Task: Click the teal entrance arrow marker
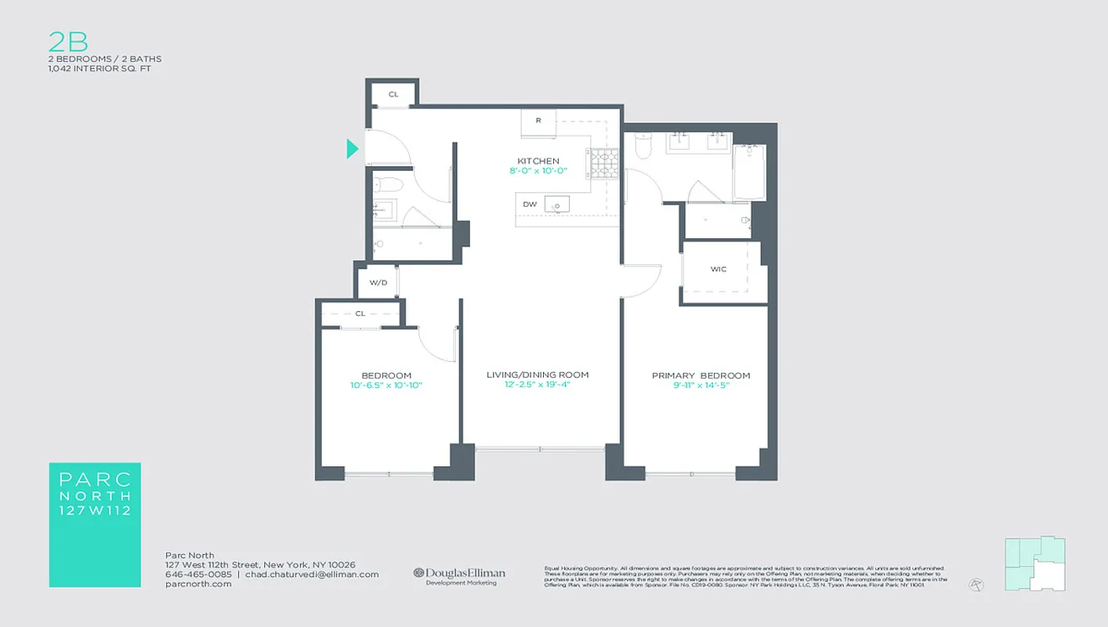353,148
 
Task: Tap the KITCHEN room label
538,161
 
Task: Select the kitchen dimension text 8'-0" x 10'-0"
538,171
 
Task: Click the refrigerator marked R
538,121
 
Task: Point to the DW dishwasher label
530,205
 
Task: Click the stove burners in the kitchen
604,164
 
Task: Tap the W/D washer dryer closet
378,282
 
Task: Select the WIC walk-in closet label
718,270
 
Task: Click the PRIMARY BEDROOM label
701,375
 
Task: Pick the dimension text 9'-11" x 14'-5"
701,385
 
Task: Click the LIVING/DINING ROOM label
538,375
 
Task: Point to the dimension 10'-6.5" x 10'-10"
386,385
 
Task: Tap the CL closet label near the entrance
393,95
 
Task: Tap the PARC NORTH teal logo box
95,524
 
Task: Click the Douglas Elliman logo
459,576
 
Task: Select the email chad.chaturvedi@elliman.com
312,574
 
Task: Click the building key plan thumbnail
1034,563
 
